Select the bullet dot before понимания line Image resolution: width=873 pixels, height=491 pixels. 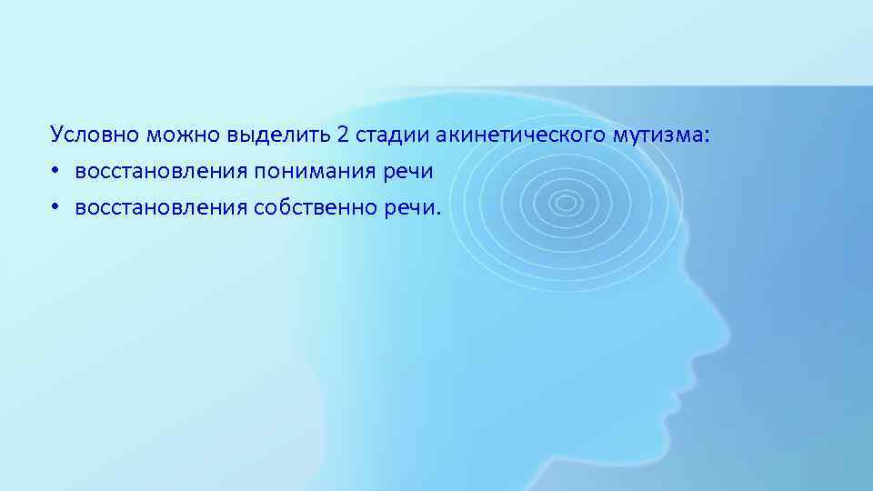pyautogui.click(x=55, y=172)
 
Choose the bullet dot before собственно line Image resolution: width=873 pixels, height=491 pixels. pyautogui.click(x=55, y=208)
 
